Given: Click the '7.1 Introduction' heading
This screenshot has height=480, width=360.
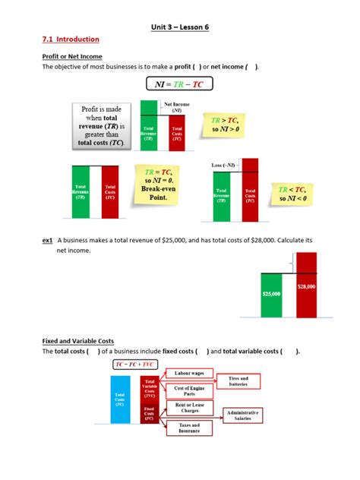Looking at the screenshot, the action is pos(71,39).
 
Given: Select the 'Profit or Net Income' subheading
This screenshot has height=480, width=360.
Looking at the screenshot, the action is pos(72,56).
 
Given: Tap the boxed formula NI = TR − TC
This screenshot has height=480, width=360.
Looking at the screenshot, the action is pos(179,84).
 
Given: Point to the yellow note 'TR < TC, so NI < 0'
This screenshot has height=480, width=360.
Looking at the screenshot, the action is pos(292,194).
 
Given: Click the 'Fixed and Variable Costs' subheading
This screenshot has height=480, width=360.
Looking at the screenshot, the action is pos(78,342).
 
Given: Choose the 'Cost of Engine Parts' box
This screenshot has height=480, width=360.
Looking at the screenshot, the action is pos(188,392).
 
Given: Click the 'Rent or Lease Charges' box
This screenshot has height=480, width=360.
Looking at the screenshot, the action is pos(188,408).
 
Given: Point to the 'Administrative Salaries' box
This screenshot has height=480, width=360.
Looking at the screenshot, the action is pos(243,415).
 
